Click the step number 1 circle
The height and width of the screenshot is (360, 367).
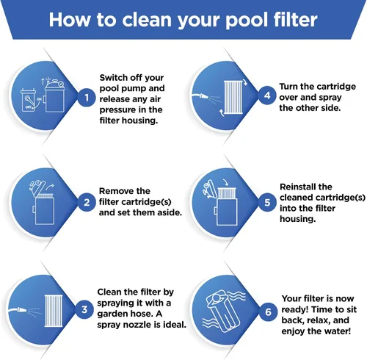87,98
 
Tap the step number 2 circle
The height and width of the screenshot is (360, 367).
87,203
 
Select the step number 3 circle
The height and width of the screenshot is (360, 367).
84,309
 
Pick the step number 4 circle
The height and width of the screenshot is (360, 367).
267,96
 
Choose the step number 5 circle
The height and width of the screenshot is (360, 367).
267,203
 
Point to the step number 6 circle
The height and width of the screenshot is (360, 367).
268,312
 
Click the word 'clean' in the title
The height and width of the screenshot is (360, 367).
147,20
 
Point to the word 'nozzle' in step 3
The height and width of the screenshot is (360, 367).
138,325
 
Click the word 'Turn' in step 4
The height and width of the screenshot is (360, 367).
288,87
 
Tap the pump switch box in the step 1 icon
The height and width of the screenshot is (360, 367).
28,101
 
